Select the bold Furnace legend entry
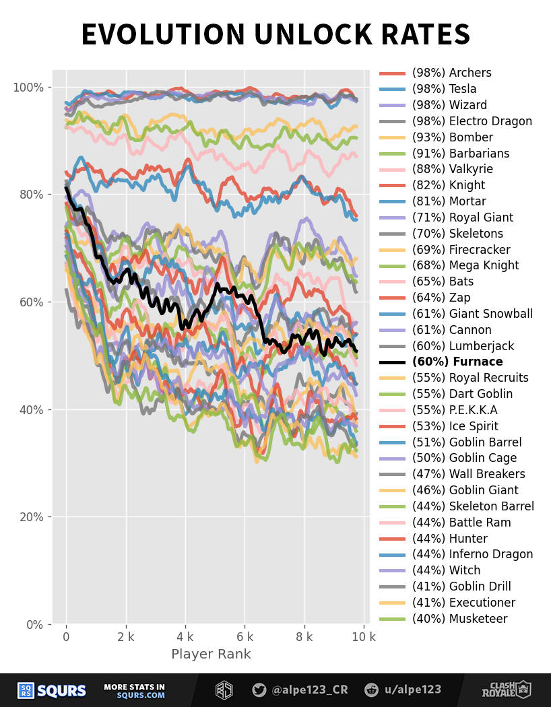point(457,362)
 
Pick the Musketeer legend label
point(459,619)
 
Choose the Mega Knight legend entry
point(465,266)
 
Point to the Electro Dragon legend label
point(472,121)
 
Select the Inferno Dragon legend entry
point(472,555)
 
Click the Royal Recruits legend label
point(470,378)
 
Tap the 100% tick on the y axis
point(28,88)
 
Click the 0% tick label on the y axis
point(34,625)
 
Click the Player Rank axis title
point(211,654)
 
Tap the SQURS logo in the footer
point(52,690)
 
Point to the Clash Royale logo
point(506,689)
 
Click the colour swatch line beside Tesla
point(392,90)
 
